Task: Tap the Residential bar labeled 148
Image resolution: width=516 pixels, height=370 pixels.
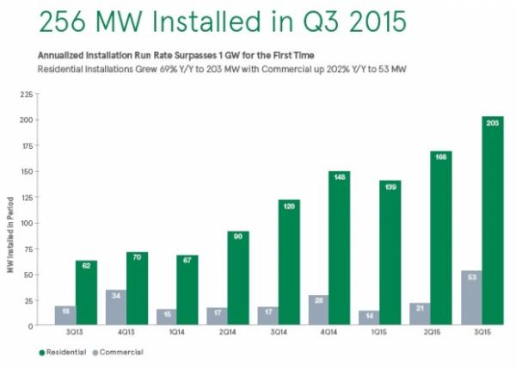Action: tap(339, 249)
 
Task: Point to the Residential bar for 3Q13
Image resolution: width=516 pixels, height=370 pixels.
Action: tap(86, 293)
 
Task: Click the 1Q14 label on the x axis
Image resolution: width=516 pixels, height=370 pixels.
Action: tap(176, 333)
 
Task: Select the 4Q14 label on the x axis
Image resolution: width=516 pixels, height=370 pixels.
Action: tap(329, 333)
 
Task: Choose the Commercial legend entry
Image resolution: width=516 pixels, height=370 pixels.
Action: tap(119, 352)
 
